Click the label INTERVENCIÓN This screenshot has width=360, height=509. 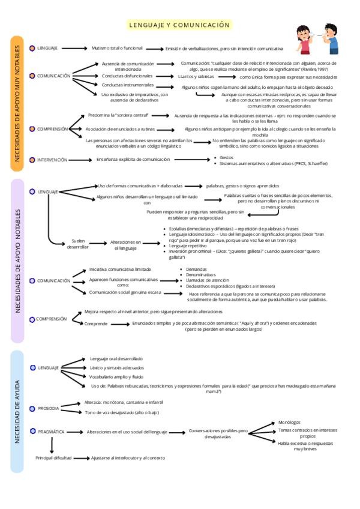pos(52,160)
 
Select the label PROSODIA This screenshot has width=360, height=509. pos(49,408)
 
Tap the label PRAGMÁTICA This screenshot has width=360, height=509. pos(51,432)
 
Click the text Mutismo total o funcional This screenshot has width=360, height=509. pos(117,48)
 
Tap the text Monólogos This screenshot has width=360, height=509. pos(289,422)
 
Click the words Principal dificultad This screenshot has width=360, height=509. pos(53,457)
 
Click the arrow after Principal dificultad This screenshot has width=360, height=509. pos(81,457)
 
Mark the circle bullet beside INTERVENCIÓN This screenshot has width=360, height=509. pos(32,160)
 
